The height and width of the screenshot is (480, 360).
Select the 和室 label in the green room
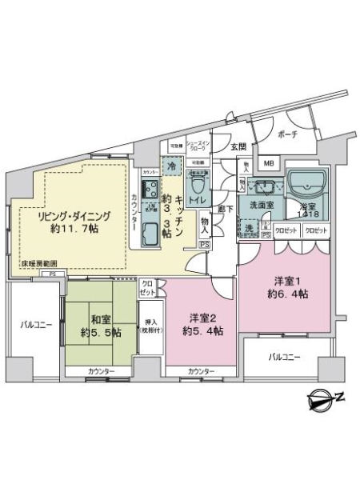point(101,317)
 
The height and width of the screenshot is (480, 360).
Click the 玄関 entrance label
point(238,146)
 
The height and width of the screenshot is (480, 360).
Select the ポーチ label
point(287,134)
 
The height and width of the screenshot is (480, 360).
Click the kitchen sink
point(150,234)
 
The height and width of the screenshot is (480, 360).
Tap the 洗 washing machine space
point(248,229)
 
